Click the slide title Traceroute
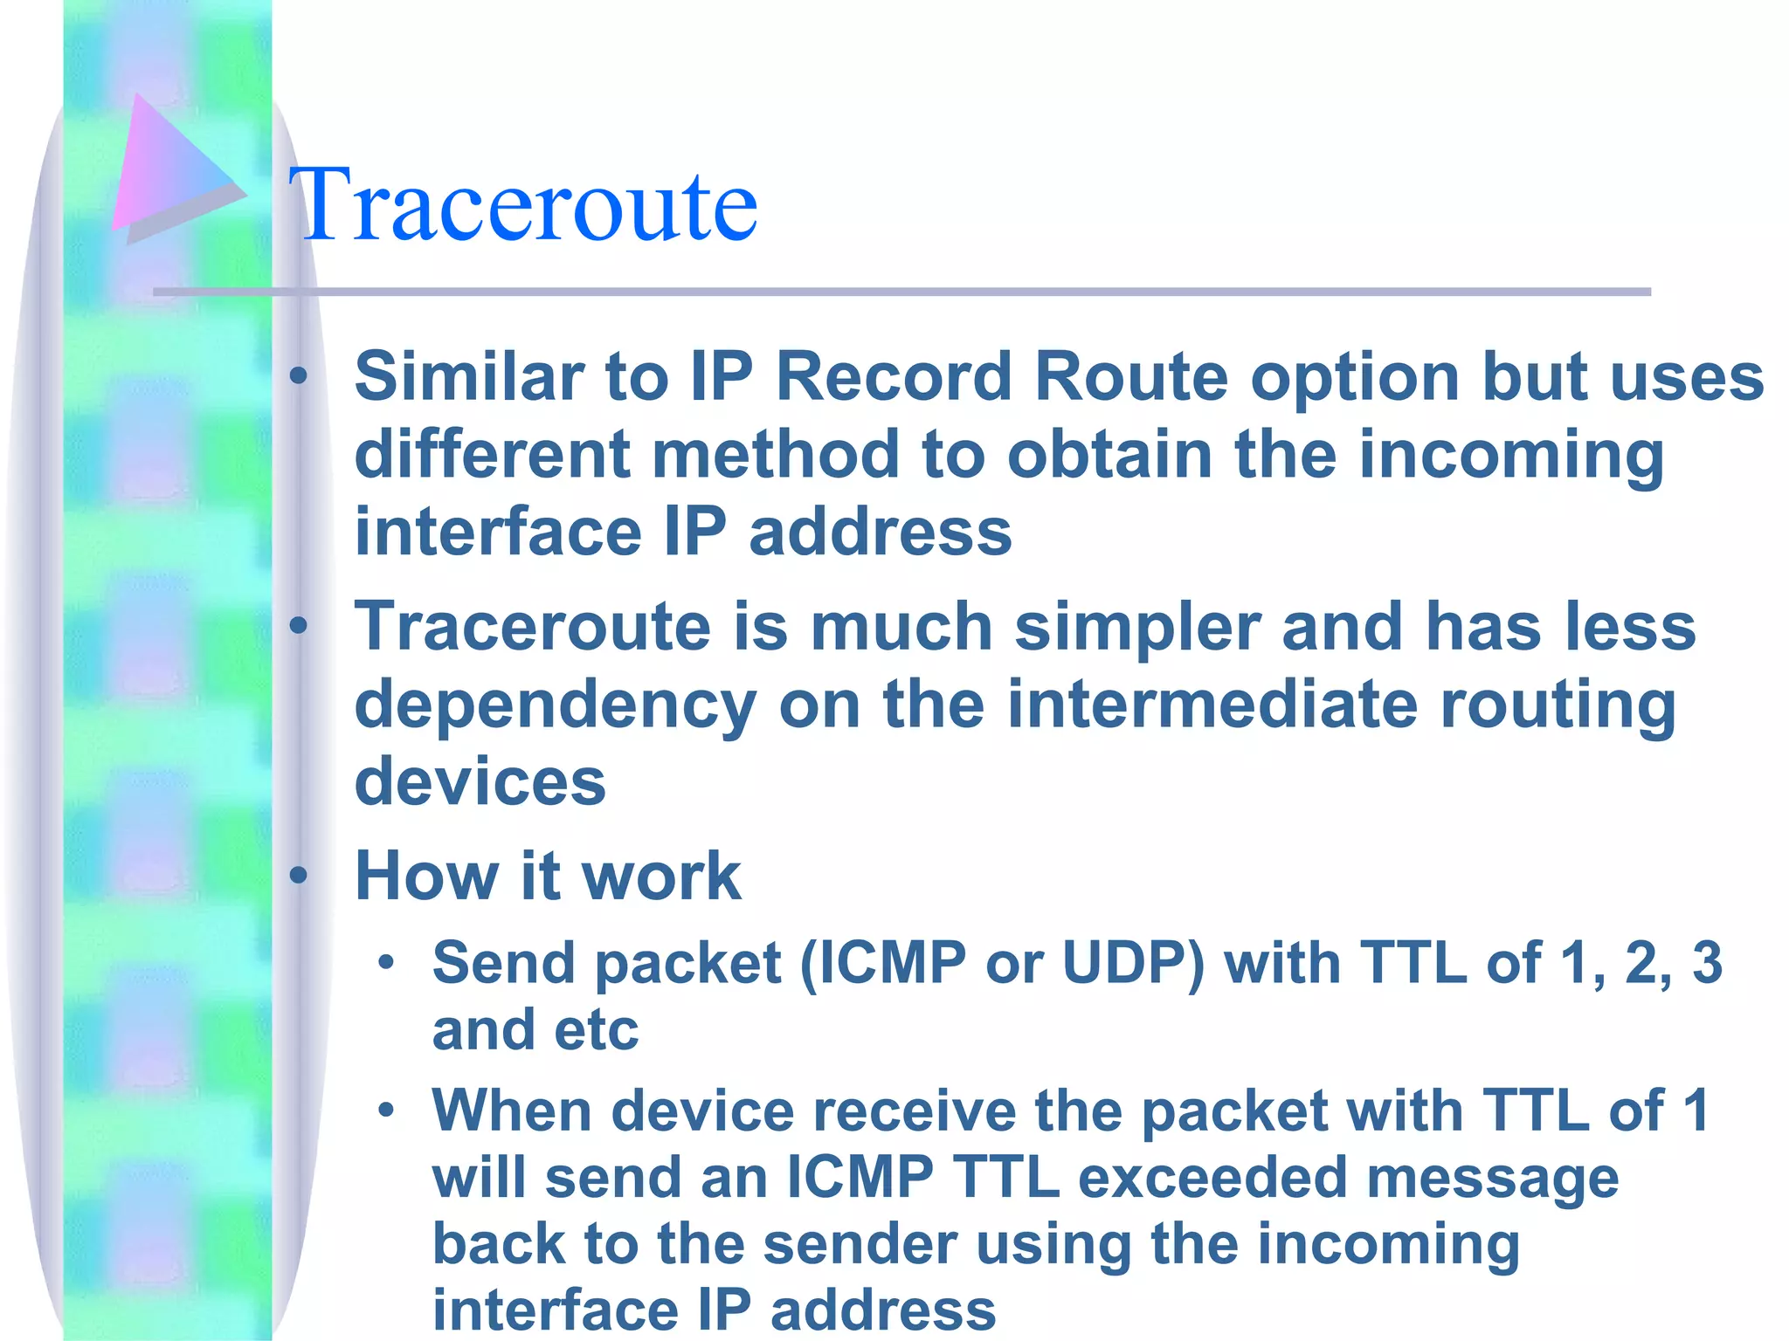[x=524, y=205]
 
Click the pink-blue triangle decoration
[x=170, y=166]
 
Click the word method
[x=775, y=454]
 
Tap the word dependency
[x=556, y=705]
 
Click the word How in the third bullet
[x=426, y=876]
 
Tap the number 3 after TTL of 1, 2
[x=1707, y=963]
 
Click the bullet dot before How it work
[x=299, y=875]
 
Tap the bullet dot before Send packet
[x=386, y=963]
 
